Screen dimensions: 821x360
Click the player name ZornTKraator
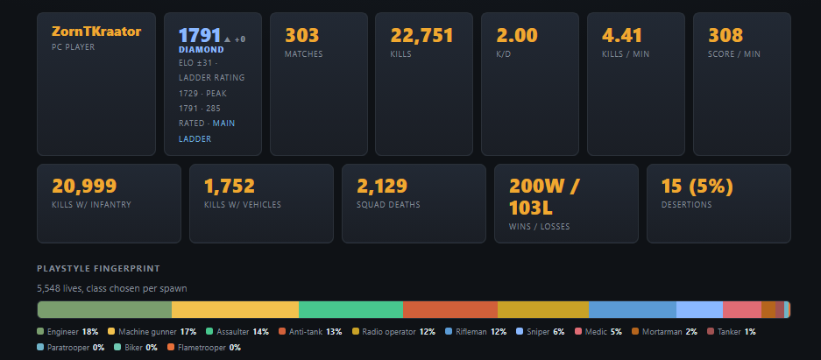(96, 32)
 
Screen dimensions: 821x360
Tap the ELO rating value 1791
(200, 36)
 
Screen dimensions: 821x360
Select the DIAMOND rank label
(201, 50)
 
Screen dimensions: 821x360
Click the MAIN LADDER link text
(206, 131)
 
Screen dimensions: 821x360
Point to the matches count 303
(301, 36)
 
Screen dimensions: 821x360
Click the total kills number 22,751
(421, 36)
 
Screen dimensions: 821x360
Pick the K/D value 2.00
(517, 36)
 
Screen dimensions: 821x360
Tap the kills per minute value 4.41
(622, 36)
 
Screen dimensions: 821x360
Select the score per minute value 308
(725, 36)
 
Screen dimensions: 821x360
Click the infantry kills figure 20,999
(84, 187)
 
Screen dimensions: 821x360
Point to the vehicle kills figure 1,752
(230, 187)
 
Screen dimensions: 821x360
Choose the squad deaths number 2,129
(382, 187)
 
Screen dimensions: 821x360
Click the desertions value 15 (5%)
(697, 187)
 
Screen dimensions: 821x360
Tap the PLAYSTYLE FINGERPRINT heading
(98, 268)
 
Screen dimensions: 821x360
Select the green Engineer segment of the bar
(105, 310)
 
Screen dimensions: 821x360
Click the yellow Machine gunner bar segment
(235, 310)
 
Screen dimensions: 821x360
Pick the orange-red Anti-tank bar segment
(450, 310)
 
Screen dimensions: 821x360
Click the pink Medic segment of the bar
(742, 310)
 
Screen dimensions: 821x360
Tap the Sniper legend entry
(541, 332)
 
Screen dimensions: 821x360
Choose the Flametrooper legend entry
(204, 348)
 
